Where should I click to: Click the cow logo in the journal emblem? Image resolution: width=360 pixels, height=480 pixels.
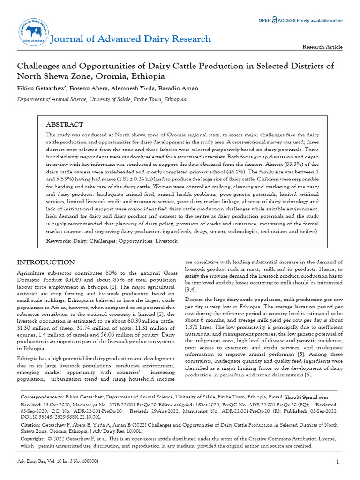[x=33, y=31]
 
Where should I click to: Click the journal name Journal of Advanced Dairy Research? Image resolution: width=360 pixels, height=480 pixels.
[x=130, y=39]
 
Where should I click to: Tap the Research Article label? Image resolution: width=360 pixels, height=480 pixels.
[x=322, y=47]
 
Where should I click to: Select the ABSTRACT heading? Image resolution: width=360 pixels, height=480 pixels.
[x=64, y=125]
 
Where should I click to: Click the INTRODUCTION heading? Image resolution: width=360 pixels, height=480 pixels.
[x=45, y=262]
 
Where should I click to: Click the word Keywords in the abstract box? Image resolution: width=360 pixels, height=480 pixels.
[x=59, y=240]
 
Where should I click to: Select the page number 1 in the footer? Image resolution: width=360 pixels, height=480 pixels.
[x=337, y=462]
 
